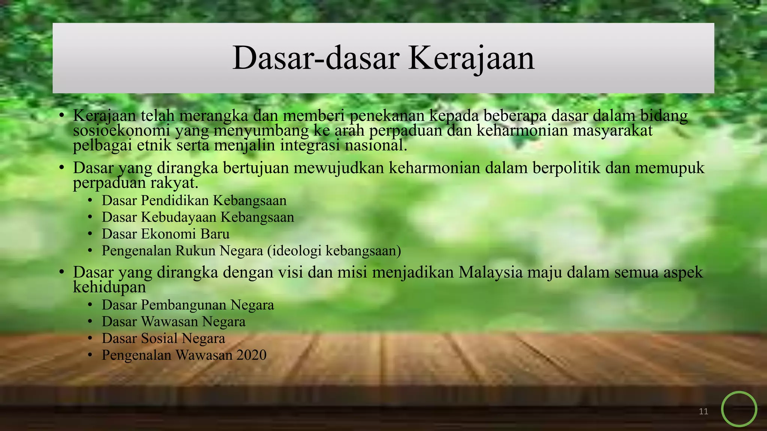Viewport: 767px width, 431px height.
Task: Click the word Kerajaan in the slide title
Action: click(471, 58)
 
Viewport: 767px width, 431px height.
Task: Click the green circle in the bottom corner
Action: click(739, 409)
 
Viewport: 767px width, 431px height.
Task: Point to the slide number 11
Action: click(703, 412)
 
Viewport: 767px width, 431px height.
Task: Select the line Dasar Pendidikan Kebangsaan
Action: click(194, 201)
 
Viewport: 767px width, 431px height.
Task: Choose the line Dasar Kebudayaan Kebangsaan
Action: click(198, 217)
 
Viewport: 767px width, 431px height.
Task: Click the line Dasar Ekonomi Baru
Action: click(166, 234)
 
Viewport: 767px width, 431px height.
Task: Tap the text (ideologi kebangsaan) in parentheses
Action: click(334, 251)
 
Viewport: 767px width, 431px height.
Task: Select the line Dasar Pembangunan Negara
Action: click(188, 305)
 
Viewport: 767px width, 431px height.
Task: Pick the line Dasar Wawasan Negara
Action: click(173, 322)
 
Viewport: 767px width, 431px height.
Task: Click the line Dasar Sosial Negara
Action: click(163, 339)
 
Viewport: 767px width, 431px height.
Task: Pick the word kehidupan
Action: click(109, 287)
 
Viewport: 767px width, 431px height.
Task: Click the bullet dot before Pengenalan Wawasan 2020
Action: click(90, 355)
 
